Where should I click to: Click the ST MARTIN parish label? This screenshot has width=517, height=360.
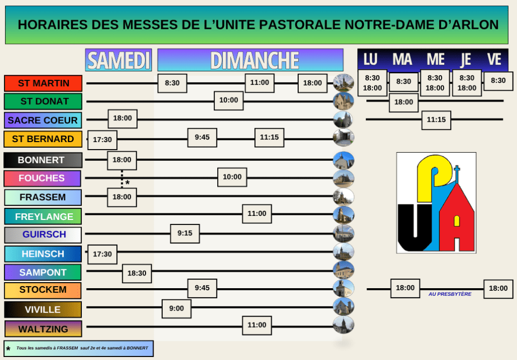[43, 83]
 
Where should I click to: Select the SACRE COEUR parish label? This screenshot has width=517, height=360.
[43, 120]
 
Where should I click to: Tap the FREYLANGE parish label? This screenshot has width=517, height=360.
[43, 216]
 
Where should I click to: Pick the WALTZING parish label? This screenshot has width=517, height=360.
[43, 329]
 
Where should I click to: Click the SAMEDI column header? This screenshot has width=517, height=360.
[119, 60]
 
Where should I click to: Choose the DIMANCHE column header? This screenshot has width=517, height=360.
[250, 60]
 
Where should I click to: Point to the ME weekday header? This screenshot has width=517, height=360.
[435, 60]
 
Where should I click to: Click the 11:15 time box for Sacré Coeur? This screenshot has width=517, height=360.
[436, 120]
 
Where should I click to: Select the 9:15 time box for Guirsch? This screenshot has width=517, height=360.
[184, 234]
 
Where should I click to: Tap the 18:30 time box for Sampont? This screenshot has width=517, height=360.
[136, 273]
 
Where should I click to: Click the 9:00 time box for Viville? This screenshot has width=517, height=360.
[176, 308]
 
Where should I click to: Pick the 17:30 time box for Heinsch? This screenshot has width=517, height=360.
[102, 254]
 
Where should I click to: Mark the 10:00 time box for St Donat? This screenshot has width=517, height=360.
[228, 101]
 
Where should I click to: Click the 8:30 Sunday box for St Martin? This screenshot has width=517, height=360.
[172, 83]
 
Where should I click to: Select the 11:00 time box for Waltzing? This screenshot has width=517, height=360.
[257, 325]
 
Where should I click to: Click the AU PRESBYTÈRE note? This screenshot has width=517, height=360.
[450, 294]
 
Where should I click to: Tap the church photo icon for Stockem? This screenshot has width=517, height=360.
[344, 289]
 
